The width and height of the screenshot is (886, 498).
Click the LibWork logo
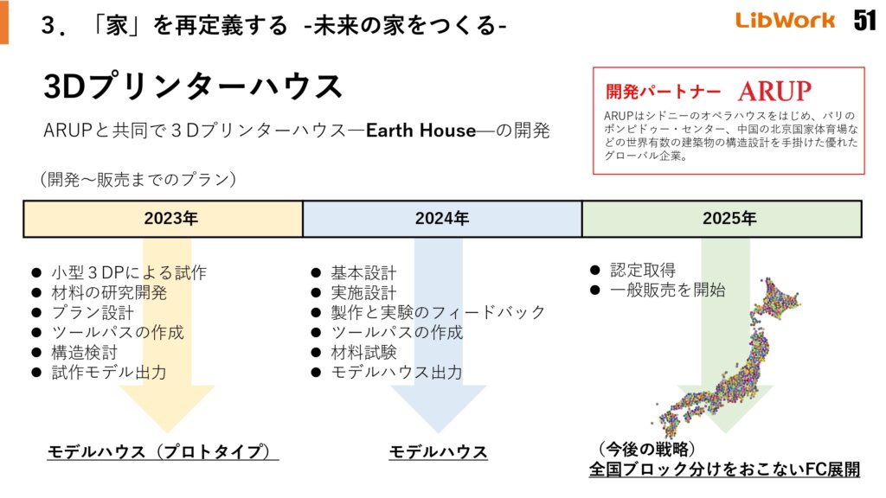pos(786,21)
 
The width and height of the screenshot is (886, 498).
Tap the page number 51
pos(864,21)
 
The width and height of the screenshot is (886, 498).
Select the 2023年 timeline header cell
pos(163,219)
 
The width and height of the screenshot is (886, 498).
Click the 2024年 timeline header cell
pos(441,219)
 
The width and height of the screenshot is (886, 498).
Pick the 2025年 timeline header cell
pos(722,219)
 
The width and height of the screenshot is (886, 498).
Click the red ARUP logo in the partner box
pos(774,91)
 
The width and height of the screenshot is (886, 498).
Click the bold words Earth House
pos(421,131)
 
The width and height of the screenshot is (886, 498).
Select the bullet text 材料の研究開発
pos(108,292)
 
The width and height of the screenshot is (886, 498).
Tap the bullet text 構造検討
pos(84,353)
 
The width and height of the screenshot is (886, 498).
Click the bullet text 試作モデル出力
pos(108,373)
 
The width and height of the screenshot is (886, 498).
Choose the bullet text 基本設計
pos(363,272)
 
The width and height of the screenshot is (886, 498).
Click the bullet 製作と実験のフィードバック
pos(438,312)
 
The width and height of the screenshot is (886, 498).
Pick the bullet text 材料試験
pos(363,353)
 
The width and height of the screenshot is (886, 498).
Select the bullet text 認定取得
pos(643,270)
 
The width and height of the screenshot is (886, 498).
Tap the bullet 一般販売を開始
pos(667,290)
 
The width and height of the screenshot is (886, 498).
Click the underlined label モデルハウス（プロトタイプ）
pos(163,451)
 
